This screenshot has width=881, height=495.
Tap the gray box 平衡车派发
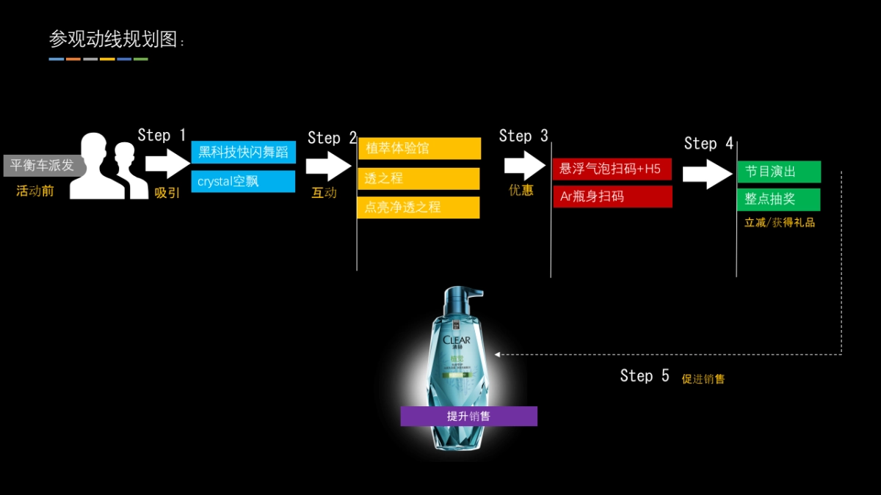(43, 166)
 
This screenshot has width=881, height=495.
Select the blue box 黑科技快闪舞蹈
(243, 153)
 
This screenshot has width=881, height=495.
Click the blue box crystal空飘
(243, 181)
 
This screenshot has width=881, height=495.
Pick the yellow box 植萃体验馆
(419, 149)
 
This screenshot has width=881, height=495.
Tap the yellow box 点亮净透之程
(418, 208)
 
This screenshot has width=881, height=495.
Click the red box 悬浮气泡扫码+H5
(612, 169)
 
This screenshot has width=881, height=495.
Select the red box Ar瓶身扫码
(612, 197)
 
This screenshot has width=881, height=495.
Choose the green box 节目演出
(778, 172)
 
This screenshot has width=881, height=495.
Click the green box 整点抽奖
(778, 199)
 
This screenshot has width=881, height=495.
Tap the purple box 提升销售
(468, 417)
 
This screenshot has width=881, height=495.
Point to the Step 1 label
(162, 135)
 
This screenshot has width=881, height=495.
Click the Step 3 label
(523, 136)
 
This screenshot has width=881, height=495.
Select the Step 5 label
(645, 376)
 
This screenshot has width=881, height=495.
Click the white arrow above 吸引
(167, 164)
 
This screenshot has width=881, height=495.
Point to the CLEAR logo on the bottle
(457, 340)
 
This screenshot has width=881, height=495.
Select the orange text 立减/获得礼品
(779, 222)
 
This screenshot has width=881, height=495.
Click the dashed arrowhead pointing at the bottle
(497, 354)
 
